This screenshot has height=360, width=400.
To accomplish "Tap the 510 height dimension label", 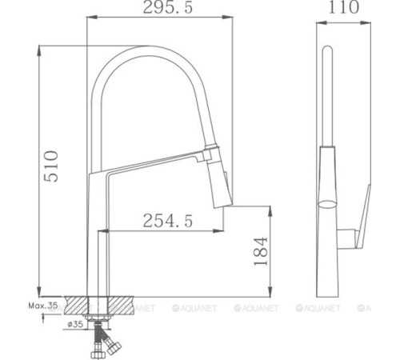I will tap(50, 166).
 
